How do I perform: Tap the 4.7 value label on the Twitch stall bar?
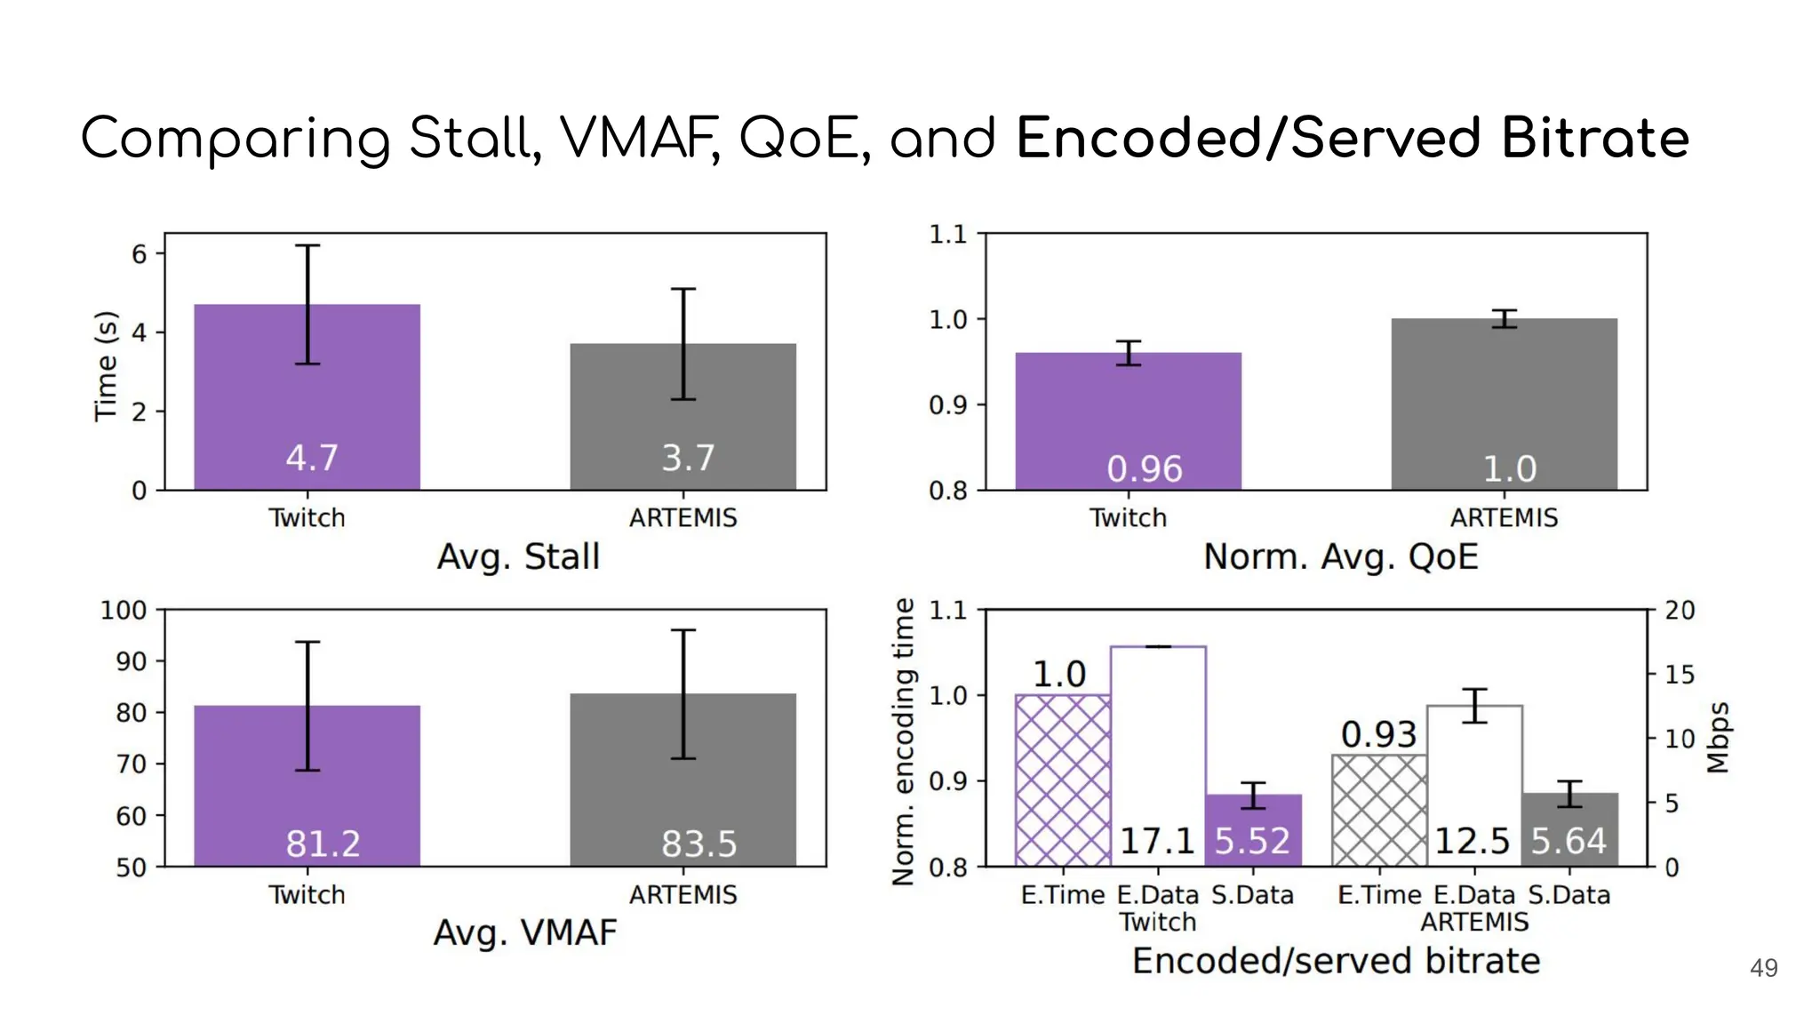(311, 458)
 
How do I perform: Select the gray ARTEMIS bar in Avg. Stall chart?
(682, 418)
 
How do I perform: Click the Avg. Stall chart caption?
(518, 557)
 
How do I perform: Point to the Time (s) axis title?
(106, 365)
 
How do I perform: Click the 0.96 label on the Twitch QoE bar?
(1144, 469)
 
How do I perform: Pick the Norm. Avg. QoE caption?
(1340, 557)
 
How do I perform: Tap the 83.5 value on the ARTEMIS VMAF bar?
(698, 844)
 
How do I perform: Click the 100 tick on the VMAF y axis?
(124, 611)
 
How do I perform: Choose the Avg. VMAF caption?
(524, 933)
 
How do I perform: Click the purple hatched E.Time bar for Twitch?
(1062, 780)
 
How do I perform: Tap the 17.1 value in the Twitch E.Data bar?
(1157, 841)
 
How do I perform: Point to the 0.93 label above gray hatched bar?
(1377, 734)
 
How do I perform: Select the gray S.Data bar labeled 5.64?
(1569, 830)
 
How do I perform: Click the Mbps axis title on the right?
(1719, 738)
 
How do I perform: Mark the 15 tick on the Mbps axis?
(1679, 675)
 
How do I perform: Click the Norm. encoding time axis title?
(903, 741)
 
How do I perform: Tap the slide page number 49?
(1763, 968)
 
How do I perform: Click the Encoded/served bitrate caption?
(1335, 962)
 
